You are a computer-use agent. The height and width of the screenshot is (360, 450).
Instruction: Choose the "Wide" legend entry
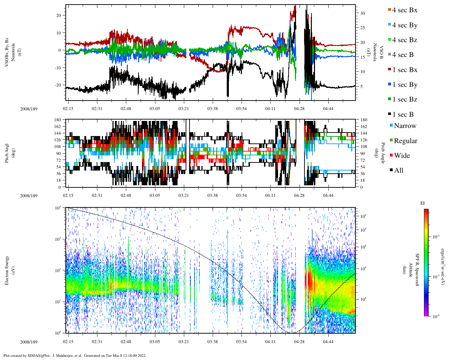(402, 155)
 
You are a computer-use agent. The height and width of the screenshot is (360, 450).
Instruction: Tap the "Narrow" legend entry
(405, 126)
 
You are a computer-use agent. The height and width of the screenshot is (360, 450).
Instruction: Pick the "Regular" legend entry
(405, 141)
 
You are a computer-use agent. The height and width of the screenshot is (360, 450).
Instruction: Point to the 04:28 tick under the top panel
(299, 109)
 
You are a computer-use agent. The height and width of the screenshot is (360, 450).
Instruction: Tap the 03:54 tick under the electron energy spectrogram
(241, 342)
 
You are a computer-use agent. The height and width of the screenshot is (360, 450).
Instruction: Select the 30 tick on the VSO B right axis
(362, 13)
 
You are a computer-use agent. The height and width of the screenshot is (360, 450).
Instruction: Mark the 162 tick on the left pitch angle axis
(57, 127)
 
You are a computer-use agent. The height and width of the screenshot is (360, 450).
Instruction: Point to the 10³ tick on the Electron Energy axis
(58, 239)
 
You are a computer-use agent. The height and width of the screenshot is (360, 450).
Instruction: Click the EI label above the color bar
(423, 203)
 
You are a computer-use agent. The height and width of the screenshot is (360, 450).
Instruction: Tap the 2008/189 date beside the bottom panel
(29, 342)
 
